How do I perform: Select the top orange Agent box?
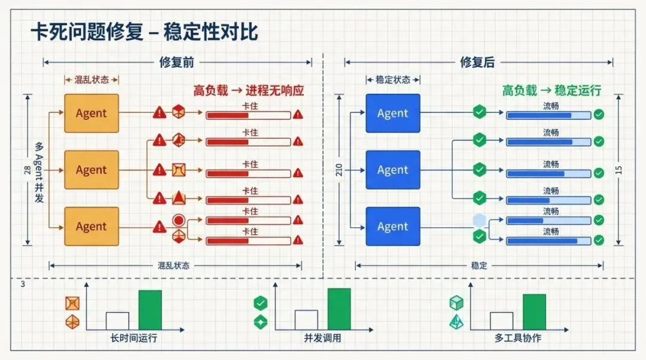click(92, 113)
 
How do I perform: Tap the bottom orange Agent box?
click(92, 226)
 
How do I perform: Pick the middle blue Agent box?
click(392, 170)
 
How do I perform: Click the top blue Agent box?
click(392, 113)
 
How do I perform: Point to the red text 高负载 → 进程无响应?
click(248, 91)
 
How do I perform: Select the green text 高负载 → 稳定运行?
click(551, 91)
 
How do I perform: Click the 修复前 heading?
click(177, 62)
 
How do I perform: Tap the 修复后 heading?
click(477, 62)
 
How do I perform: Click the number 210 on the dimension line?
click(340, 170)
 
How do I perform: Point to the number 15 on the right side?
click(618, 170)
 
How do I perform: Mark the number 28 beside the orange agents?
click(27, 170)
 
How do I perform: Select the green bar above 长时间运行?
click(150, 310)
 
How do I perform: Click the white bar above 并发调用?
click(306, 320)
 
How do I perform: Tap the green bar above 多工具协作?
click(534, 312)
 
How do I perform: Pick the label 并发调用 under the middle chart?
click(322, 338)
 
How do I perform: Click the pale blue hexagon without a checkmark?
click(479, 220)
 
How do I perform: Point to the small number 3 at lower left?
click(23, 285)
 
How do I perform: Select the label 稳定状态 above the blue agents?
click(392, 80)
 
